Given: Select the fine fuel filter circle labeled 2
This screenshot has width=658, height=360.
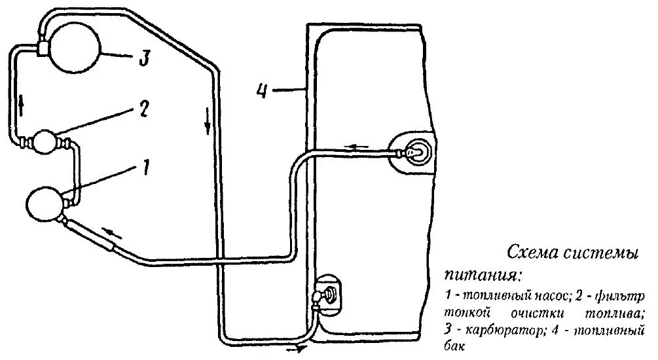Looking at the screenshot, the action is pos(46,141).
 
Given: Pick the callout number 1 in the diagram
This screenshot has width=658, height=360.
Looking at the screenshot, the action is pos(145,169).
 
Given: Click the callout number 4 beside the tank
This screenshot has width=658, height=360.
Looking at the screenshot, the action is pos(262,90).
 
